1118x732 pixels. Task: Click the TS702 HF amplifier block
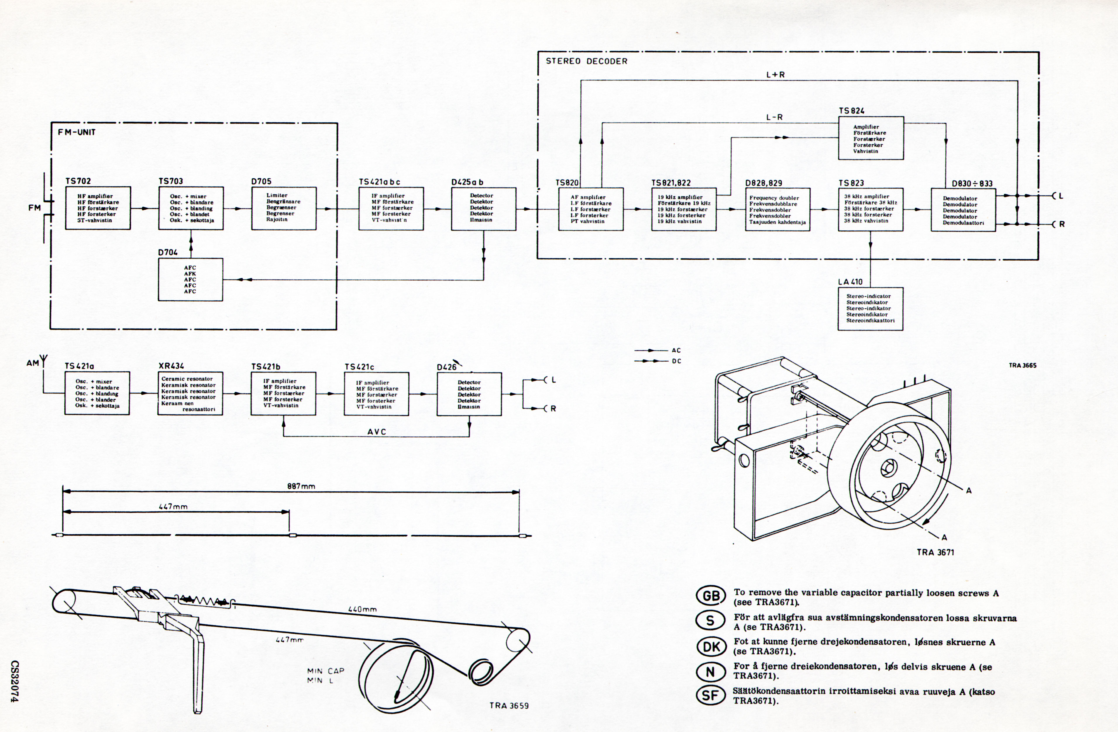tap(98, 208)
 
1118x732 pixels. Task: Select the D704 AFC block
tap(190, 279)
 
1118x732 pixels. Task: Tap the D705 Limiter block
tap(284, 208)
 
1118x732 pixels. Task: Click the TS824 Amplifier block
tap(871, 138)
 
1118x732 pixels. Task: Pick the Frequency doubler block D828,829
tap(777, 209)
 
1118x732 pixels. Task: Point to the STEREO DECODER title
tap(586, 61)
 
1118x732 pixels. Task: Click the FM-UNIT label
tap(77, 132)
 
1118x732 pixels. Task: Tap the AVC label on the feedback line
tap(377, 432)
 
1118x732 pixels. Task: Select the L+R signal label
tap(775, 75)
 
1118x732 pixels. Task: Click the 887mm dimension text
tap(301, 486)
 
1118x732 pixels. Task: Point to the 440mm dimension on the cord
tap(362, 609)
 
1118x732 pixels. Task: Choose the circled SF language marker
tap(710, 695)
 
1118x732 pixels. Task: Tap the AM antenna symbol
tap(44, 362)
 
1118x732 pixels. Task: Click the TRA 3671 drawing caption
tap(935, 553)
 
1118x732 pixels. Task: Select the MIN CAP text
tap(326, 671)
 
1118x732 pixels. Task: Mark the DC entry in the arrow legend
tap(676, 361)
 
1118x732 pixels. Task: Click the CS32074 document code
tap(15, 682)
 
